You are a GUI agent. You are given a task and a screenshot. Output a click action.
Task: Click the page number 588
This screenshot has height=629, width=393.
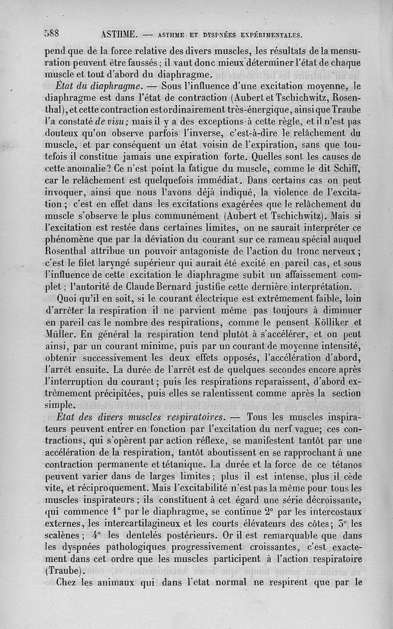[x=52, y=34]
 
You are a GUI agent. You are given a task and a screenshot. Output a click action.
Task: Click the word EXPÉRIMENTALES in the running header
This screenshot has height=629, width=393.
[x=269, y=35]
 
